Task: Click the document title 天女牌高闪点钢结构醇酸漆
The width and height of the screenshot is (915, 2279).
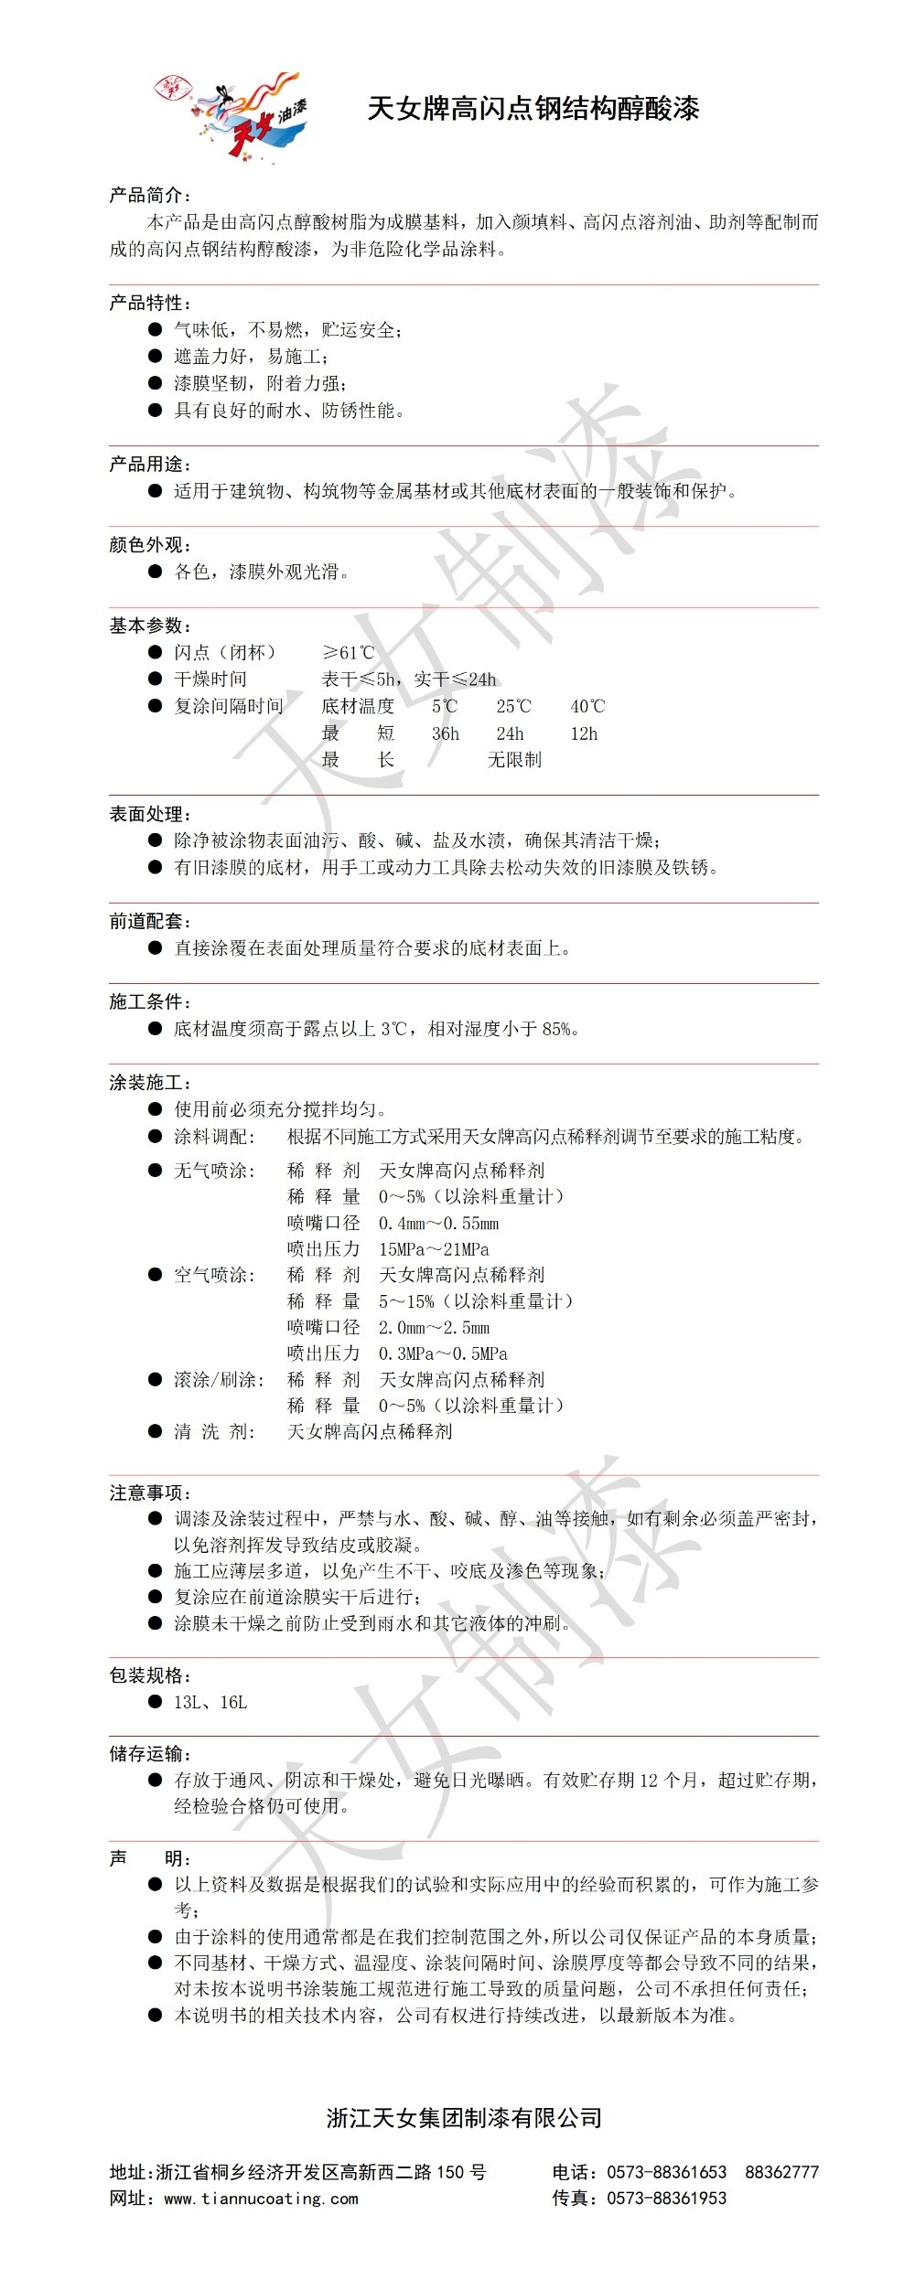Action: tap(533, 109)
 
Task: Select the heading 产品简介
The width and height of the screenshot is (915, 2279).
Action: tap(149, 195)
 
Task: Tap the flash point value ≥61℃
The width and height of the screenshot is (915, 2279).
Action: tap(348, 653)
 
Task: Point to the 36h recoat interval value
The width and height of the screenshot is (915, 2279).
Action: tap(446, 733)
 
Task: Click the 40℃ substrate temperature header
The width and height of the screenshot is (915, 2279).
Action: tap(587, 707)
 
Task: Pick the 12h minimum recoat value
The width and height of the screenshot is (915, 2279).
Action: tap(584, 733)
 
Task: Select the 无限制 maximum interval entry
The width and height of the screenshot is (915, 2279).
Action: tap(514, 760)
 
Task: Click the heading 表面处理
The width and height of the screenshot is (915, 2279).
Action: tap(149, 814)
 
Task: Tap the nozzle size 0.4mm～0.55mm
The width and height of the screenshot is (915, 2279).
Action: tap(439, 1224)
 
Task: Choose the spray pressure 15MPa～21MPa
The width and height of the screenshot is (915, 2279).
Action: tap(434, 1249)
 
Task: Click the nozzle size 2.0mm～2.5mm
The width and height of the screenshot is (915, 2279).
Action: tap(434, 1328)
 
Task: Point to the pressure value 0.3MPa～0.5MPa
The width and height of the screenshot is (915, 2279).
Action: tap(443, 1353)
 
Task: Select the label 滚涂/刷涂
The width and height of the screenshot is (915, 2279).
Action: tap(219, 1380)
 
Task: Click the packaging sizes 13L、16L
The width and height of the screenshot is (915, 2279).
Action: tap(210, 1702)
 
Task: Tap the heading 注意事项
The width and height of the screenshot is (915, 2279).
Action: tap(149, 1493)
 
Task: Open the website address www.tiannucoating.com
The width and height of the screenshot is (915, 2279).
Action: tap(261, 2199)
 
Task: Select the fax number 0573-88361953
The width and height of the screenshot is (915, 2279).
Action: tap(666, 2199)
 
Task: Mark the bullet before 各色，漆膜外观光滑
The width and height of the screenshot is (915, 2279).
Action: tap(156, 572)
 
